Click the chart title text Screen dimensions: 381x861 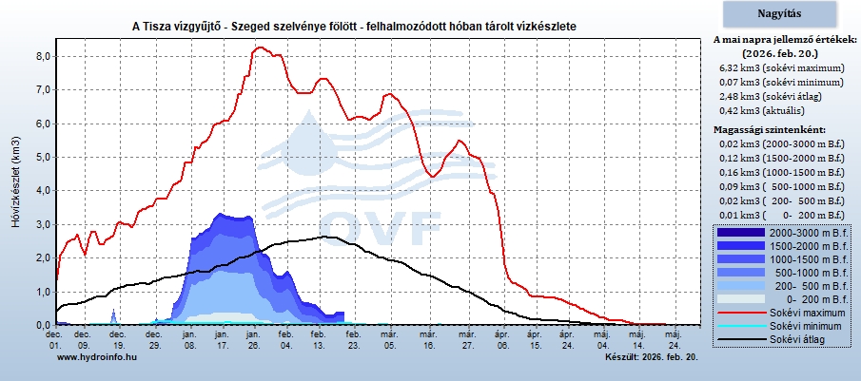click(x=354, y=26)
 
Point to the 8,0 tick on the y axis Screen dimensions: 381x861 click(x=43, y=56)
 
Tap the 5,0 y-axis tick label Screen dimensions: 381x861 click(x=43, y=157)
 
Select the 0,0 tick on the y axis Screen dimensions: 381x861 click(x=43, y=325)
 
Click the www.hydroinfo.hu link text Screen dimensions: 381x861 click(x=97, y=357)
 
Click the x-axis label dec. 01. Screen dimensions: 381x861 click(x=54, y=339)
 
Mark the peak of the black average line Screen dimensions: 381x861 click(x=326, y=237)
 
